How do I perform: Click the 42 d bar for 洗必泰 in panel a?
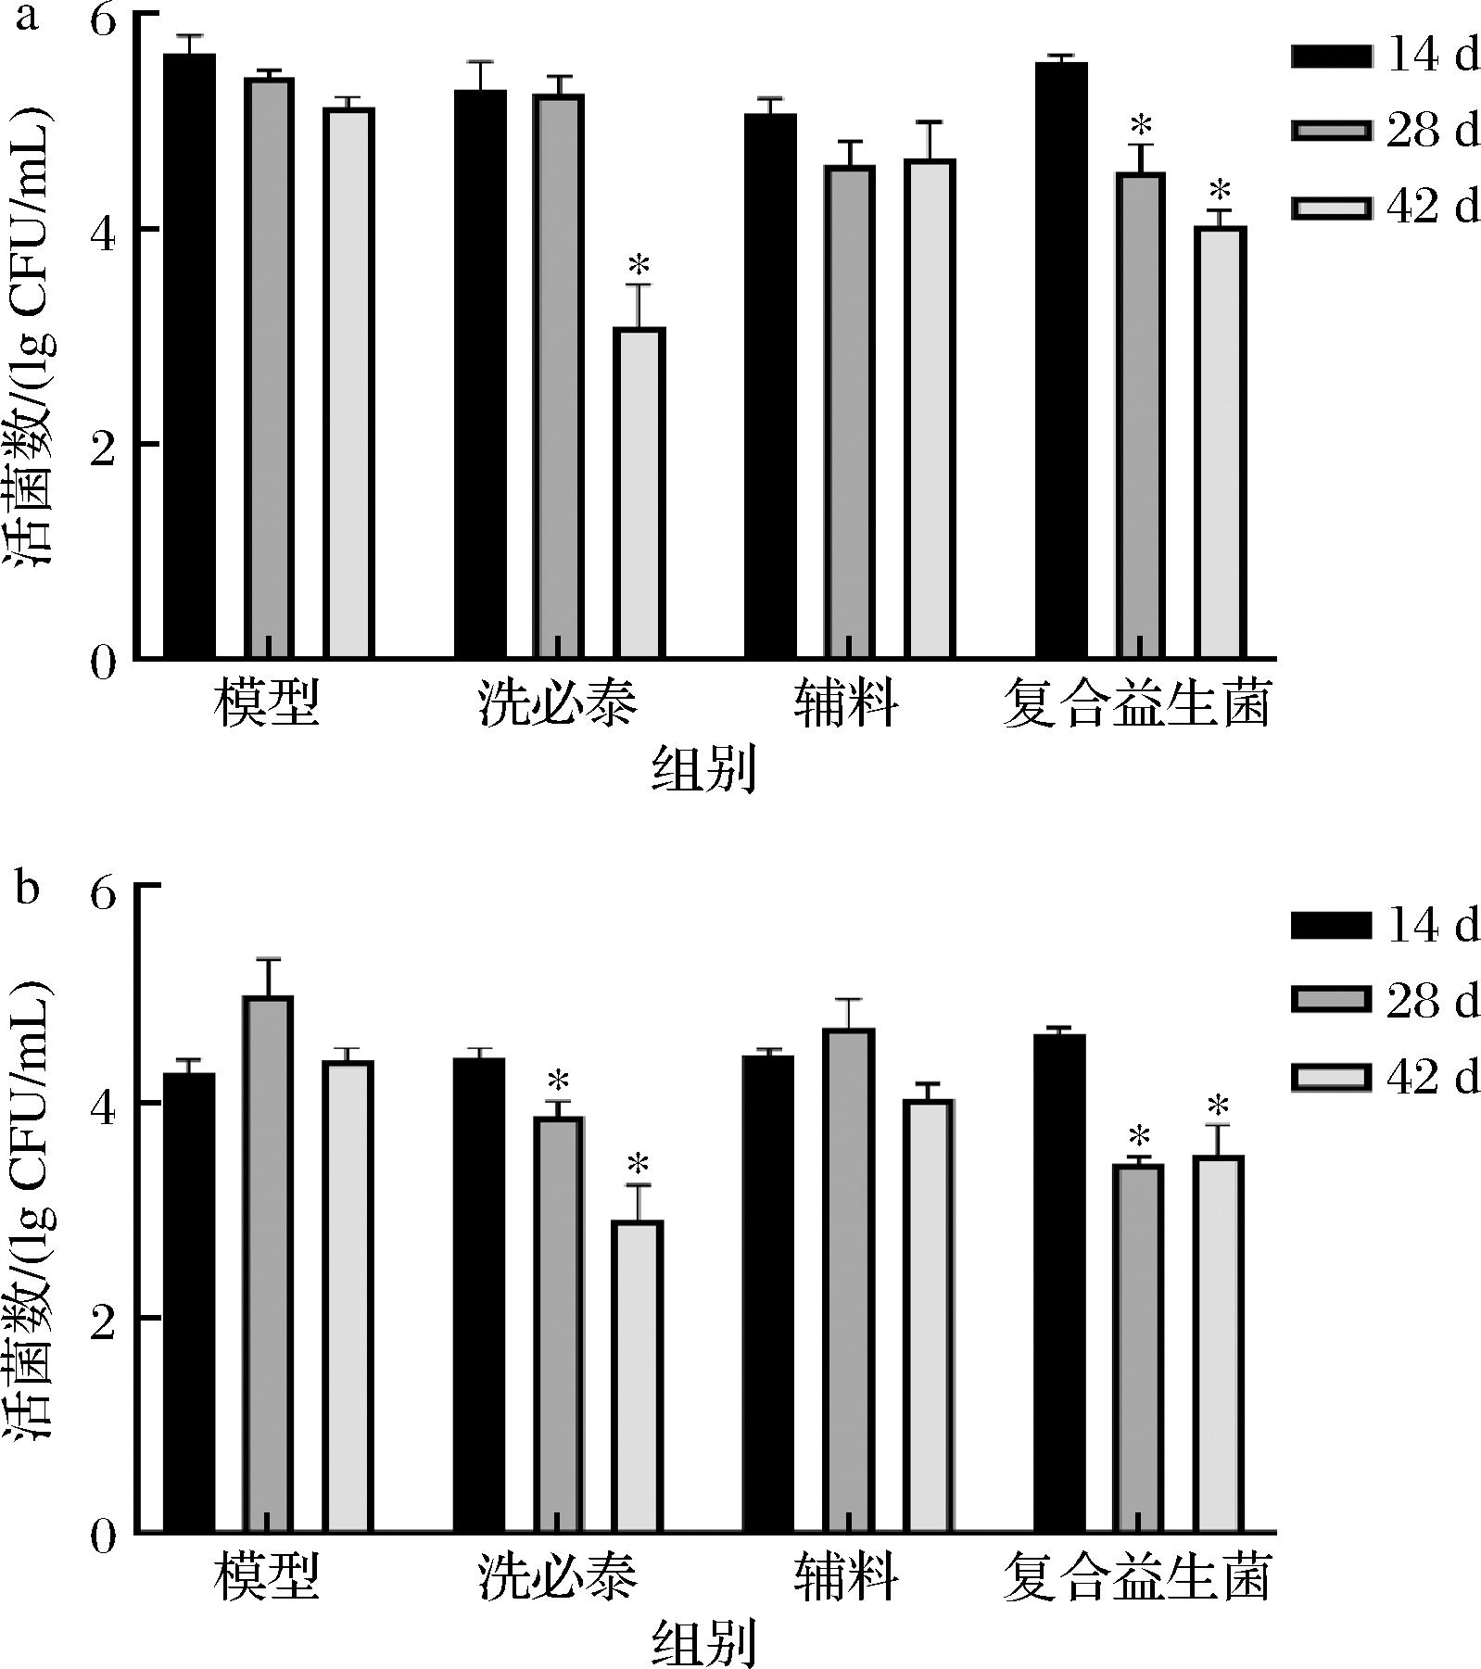(639, 493)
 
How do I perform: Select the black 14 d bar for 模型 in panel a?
(190, 357)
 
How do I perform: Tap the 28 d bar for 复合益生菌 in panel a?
(1140, 415)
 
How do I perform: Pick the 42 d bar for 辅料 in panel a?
(930, 409)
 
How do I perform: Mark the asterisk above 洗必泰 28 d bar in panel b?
(558, 1081)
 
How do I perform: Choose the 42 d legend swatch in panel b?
(1331, 1077)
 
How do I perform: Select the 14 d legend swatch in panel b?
(1331, 926)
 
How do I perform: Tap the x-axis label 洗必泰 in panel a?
(558, 704)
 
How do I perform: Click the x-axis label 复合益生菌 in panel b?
(1136, 1577)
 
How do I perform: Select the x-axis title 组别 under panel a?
(704, 771)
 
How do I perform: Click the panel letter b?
(28, 888)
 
